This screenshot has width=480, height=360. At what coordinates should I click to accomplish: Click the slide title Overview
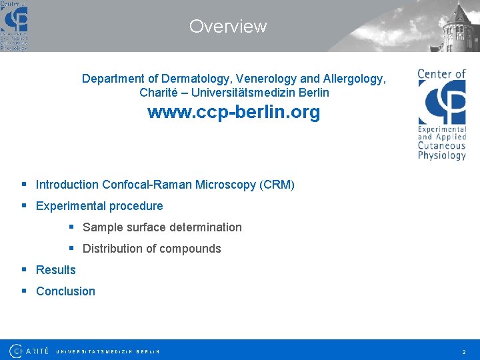click(x=227, y=27)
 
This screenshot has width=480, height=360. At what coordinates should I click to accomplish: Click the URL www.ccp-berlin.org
click(x=233, y=112)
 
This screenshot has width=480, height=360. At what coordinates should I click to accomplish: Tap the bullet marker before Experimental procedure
click(x=24, y=206)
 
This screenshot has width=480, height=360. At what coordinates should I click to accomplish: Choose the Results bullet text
click(x=56, y=270)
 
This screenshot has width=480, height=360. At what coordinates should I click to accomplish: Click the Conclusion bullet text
click(x=65, y=291)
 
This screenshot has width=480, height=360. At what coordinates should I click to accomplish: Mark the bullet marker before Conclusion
click(x=24, y=291)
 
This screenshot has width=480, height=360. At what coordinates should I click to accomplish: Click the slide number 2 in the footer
click(x=463, y=351)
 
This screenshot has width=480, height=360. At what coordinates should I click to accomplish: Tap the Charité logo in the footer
click(x=29, y=351)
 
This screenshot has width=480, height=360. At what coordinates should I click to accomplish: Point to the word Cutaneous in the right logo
click(x=441, y=146)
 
